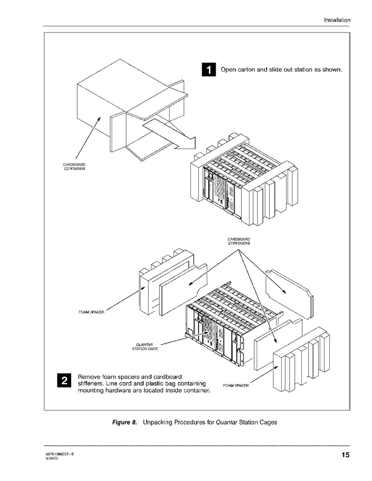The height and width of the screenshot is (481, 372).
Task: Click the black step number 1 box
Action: pos(208,70)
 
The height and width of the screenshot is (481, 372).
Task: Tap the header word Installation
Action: pos(337,20)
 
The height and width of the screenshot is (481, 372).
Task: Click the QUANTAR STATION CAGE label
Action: pos(145,346)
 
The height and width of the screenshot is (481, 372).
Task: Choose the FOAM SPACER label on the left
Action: pos(92,312)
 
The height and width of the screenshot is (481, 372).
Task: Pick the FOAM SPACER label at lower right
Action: pos(236,385)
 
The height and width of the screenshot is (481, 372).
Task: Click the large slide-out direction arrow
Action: pos(170,134)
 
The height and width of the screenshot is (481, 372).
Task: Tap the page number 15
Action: pos(345,455)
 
